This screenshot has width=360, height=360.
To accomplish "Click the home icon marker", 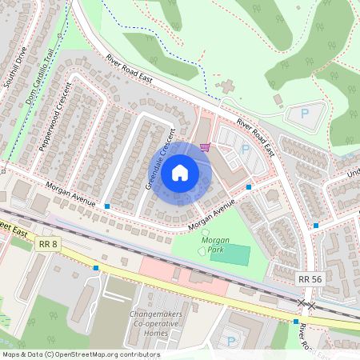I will click(180, 171).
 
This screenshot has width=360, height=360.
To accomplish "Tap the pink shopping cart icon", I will click(206, 146).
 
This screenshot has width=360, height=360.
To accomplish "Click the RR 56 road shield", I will click(310, 278).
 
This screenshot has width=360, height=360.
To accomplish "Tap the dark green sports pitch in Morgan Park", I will click(230, 256).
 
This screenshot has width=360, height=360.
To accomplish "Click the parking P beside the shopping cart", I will click(245, 149).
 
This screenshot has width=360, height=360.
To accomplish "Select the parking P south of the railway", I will click(232, 342).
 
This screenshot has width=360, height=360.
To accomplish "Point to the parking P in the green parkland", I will click(304, 114).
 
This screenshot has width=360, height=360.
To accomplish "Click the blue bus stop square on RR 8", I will click(96, 267).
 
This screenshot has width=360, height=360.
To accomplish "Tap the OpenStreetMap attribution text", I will click(80, 354).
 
